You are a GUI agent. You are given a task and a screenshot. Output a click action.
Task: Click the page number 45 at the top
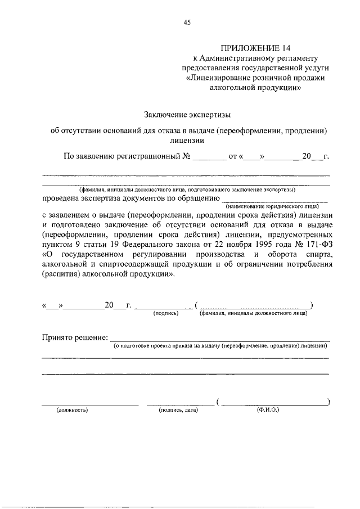tap(187, 22)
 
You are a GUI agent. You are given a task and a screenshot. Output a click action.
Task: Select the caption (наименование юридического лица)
tap(276, 206)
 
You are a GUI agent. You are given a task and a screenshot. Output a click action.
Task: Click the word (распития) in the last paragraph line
tap(61, 276)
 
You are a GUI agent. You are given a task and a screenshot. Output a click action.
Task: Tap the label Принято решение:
tap(75, 337)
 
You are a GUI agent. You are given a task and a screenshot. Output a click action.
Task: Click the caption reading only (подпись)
tap(165, 313)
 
